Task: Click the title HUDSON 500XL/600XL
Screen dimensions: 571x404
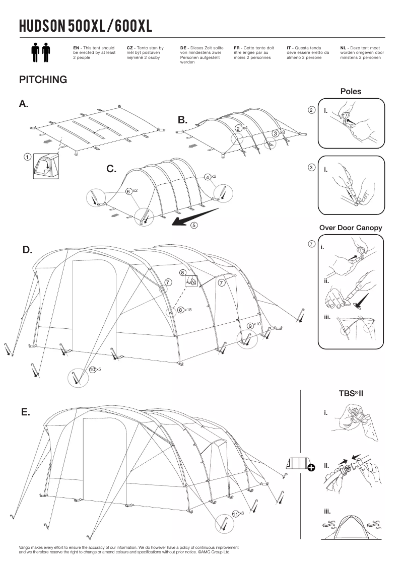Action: pos(85,26)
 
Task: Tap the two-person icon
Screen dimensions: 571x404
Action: pos(40,53)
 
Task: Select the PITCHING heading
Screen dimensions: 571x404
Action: pos(43,80)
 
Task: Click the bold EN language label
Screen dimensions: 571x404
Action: pos(77,47)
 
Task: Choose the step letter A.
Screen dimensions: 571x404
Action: pos(24,104)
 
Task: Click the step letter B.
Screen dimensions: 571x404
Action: pos(182,120)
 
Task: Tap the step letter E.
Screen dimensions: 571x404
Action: pos(26,412)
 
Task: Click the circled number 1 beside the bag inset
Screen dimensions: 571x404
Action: pos(28,157)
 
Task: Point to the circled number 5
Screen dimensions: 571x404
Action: pos(194,226)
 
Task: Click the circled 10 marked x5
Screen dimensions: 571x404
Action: pos(92,370)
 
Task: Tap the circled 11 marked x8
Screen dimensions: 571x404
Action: pos(235,513)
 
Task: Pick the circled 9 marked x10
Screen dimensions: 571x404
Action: pos(250,326)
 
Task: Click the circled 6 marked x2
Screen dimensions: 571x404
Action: pos(129,191)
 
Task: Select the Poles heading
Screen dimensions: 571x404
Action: pos(351,92)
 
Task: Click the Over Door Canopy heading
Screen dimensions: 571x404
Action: pos(351,228)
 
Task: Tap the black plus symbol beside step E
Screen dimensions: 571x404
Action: pos(311,468)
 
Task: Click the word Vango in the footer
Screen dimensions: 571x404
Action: pos(25,547)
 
